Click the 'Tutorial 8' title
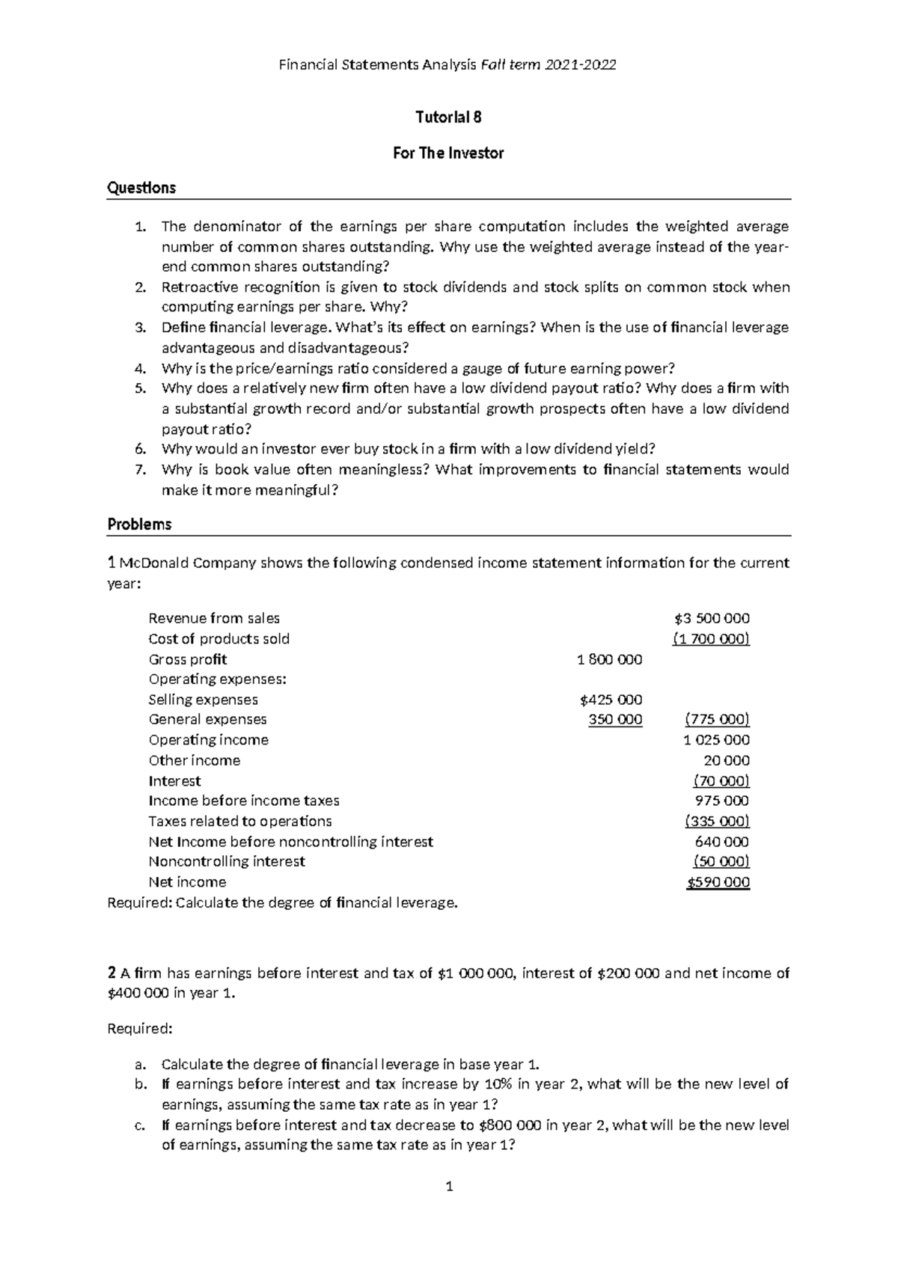click(448, 117)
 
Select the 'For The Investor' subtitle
click(448, 153)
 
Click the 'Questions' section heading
click(141, 188)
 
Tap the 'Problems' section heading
click(139, 525)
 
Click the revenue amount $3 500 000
click(712, 619)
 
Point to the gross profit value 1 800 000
click(609, 660)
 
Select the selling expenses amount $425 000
click(611, 700)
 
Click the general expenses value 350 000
click(615, 720)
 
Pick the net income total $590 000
click(718, 882)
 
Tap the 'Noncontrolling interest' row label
click(227, 862)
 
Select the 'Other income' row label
click(195, 761)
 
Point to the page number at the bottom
click(449, 1187)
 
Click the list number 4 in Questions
click(140, 369)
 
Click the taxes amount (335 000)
click(718, 822)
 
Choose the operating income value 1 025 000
click(716, 740)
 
